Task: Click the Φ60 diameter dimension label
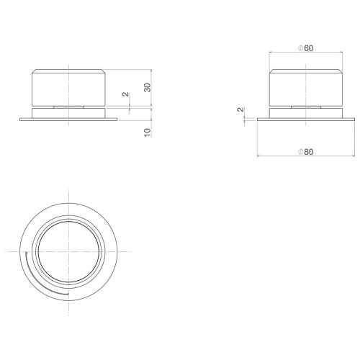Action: pyautogui.click(x=306, y=48)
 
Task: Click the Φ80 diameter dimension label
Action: pyautogui.click(x=306, y=152)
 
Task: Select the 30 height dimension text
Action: pyautogui.click(x=148, y=88)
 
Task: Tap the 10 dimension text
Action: pyautogui.click(x=148, y=132)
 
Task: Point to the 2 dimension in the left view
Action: pyautogui.click(x=125, y=94)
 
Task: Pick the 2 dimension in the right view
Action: pyautogui.click(x=240, y=109)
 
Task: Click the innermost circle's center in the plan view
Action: pyautogui.click(x=68, y=251)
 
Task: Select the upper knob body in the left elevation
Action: pyautogui.click(x=68, y=88)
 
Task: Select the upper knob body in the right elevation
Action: pyautogui.click(x=306, y=88)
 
